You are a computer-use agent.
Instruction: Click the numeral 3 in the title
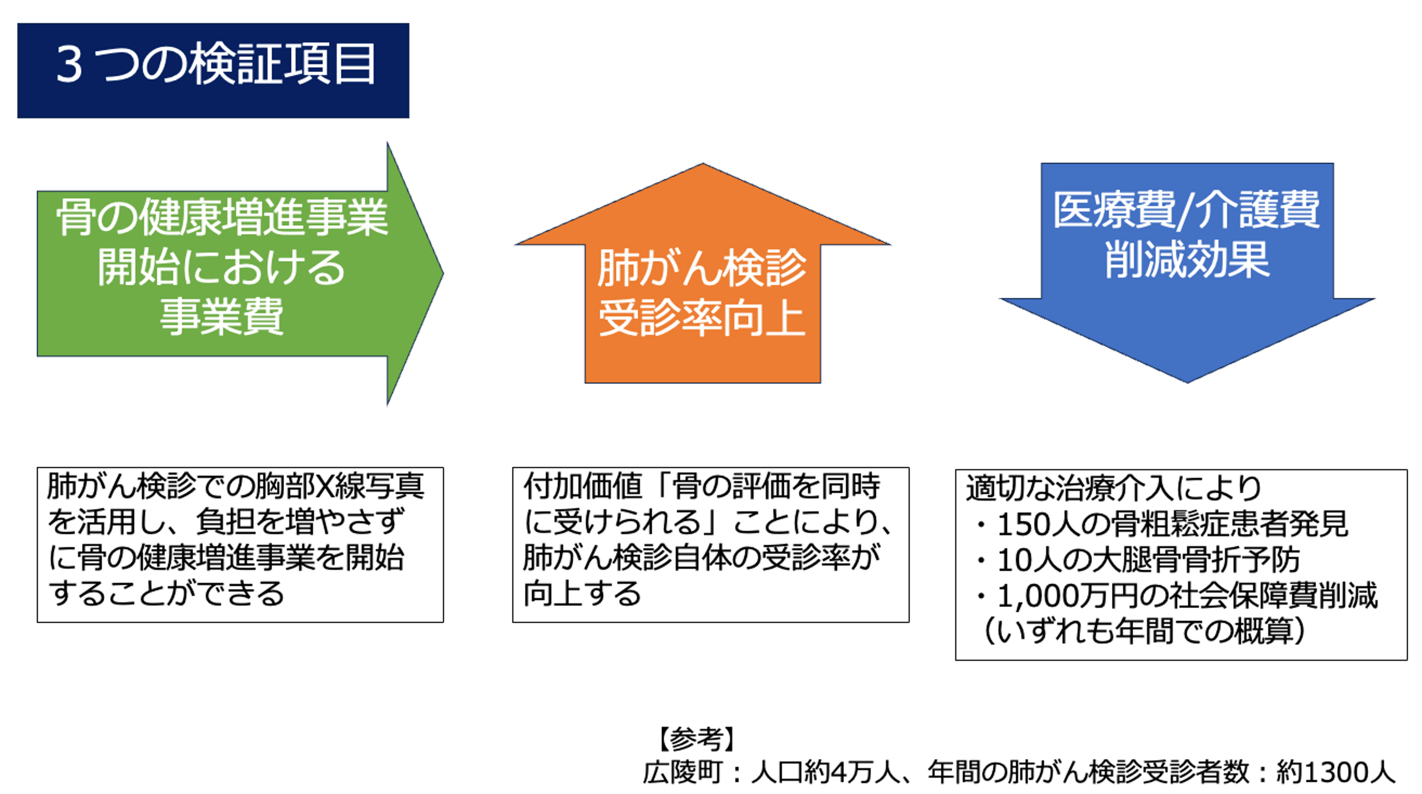(x=70, y=65)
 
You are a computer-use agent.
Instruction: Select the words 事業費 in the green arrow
(x=221, y=317)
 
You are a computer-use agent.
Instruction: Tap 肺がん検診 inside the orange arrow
(x=702, y=269)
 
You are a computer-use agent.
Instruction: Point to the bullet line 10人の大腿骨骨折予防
(x=1148, y=560)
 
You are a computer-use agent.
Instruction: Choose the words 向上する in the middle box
(x=582, y=594)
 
